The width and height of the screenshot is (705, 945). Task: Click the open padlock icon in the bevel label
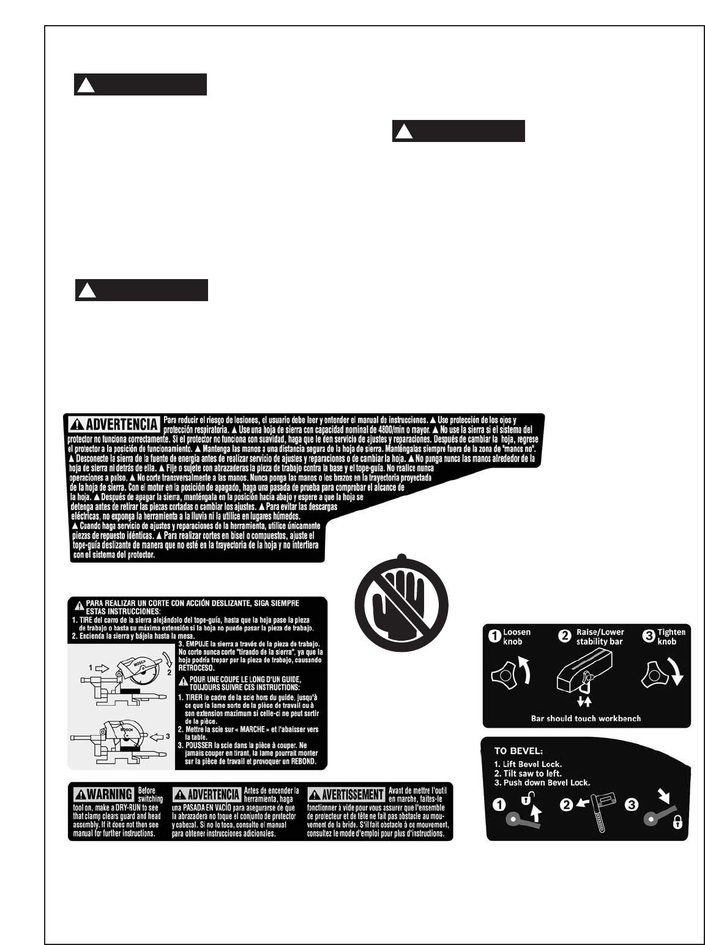tap(526, 799)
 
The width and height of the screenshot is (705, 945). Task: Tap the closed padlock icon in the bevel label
tap(677, 823)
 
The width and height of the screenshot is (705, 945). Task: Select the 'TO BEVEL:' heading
tap(518, 750)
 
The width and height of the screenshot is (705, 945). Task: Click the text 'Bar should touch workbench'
tap(586, 719)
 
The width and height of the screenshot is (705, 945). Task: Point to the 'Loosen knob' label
tap(517, 637)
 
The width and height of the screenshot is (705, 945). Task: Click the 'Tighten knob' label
tap(671, 637)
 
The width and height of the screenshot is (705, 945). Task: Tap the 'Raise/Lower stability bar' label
tap(599, 637)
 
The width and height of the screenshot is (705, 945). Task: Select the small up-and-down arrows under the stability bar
tap(584, 702)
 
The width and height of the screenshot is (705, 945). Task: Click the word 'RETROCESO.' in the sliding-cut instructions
tap(196, 668)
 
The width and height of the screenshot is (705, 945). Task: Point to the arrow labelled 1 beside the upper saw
tap(101, 667)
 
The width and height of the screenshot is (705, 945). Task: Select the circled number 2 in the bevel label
tap(566, 805)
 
